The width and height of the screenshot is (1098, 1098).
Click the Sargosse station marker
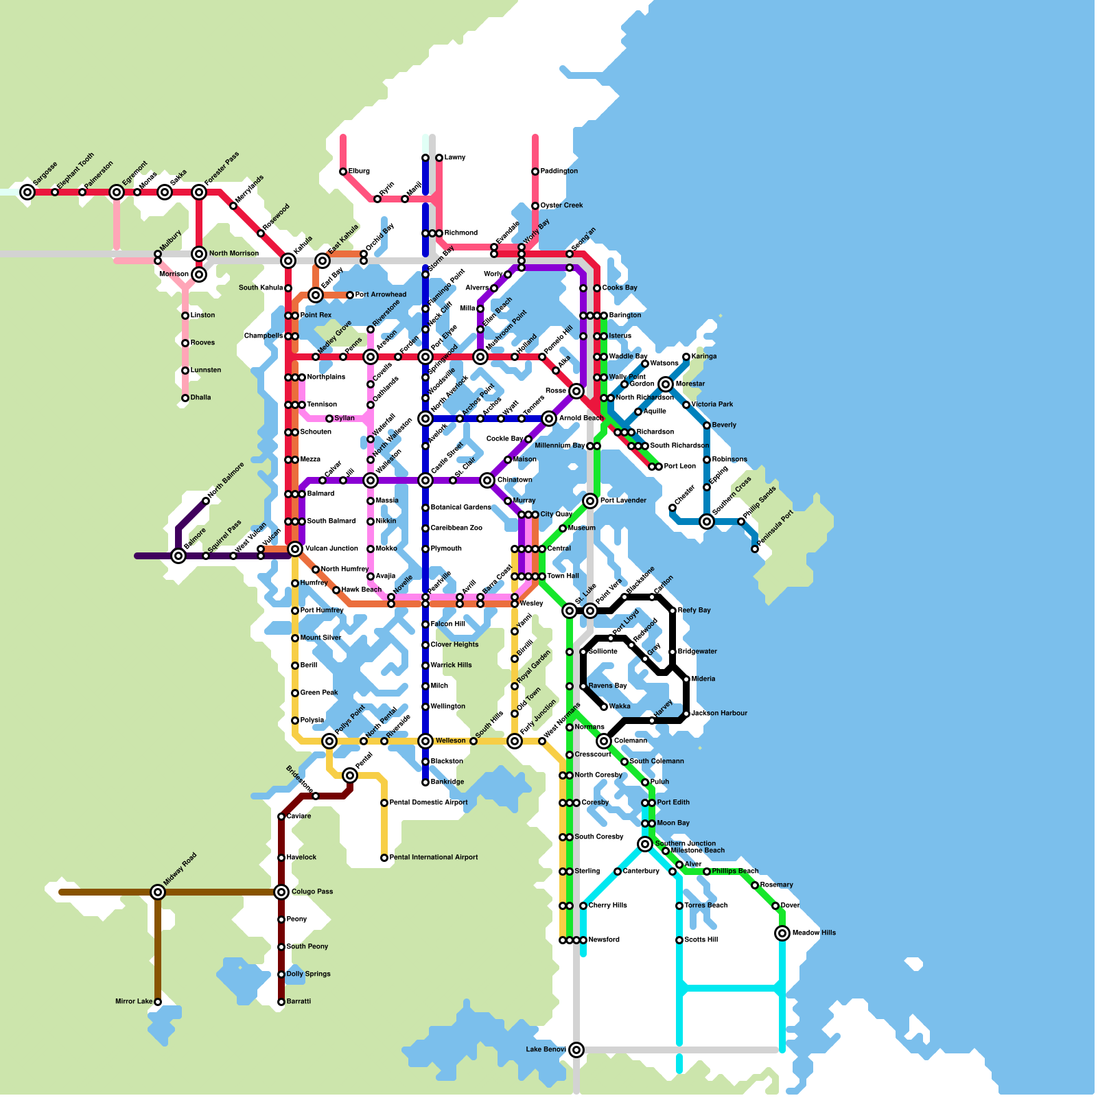click(27, 192)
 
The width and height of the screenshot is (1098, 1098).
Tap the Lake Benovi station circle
click(576, 1050)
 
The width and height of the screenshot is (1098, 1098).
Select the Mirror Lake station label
click(134, 1001)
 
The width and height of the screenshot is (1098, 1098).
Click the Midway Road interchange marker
click(158, 892)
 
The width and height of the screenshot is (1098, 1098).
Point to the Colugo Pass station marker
click(281, 892)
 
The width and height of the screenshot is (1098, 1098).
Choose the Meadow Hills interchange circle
click(782, 933)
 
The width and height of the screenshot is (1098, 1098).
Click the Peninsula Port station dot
click(755, 549)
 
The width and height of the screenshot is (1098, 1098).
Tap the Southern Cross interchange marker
click(707, 522)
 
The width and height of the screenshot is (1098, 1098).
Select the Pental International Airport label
click(434, 857)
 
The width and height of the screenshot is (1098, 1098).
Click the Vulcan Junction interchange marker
click(295, 549)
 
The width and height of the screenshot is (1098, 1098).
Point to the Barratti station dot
click(281, 1002)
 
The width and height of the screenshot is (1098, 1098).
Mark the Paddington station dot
click(535, 172)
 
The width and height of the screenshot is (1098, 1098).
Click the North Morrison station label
click(234, 253)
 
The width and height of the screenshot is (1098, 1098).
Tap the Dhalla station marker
click(185, 398)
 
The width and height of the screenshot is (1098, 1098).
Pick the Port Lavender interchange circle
click(590, 501)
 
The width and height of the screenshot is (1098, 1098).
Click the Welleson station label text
click(450, 740)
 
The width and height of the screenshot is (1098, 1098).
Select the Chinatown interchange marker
click(487, 480)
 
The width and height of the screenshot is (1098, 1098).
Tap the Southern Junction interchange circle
click(645, 844)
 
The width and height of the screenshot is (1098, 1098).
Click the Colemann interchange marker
click(604, 741)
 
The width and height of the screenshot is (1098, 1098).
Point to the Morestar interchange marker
click(666, 384)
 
